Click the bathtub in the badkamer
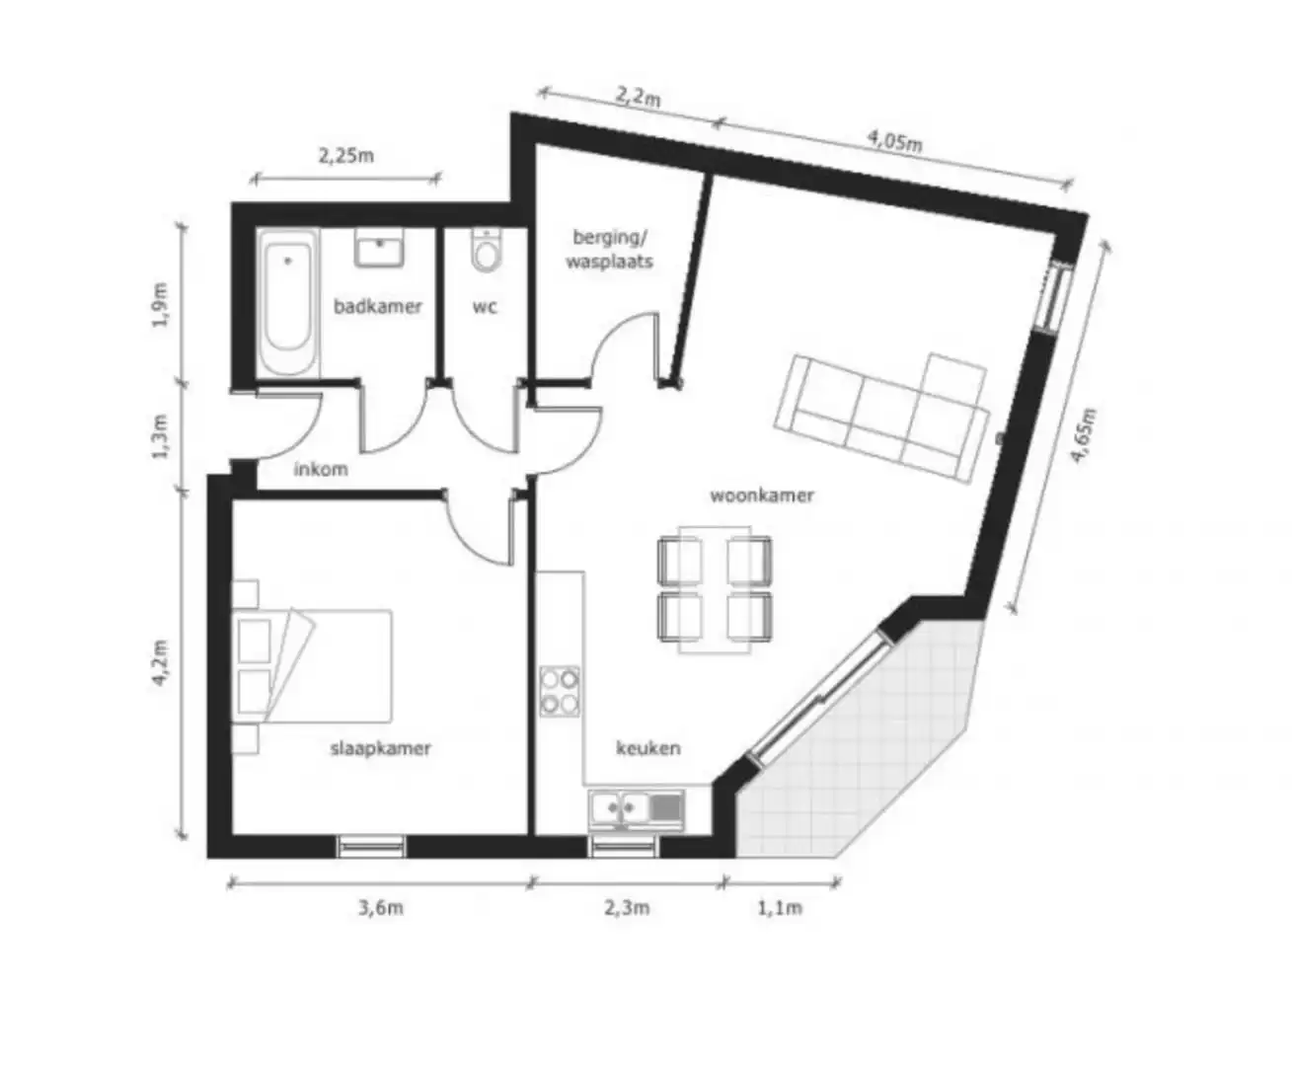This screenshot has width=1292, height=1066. [289, 302]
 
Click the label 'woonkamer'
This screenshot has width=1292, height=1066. [762, 495]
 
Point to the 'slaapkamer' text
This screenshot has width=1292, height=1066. [380, 748]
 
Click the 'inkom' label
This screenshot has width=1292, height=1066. [321, 469]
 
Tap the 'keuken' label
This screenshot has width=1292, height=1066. [648, 748]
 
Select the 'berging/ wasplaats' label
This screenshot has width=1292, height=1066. [610, 249]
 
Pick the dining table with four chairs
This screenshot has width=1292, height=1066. [716, 588]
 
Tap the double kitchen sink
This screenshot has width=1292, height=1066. [636, 808]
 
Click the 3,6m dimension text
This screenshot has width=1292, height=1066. [380, 907]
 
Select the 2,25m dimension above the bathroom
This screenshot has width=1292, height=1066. [345, 155]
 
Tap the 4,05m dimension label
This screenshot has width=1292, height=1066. [895, 140]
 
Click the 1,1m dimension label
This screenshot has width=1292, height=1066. [780, 907]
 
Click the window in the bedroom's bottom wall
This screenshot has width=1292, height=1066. [371, 846]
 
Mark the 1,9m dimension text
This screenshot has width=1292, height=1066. [162, 306]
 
